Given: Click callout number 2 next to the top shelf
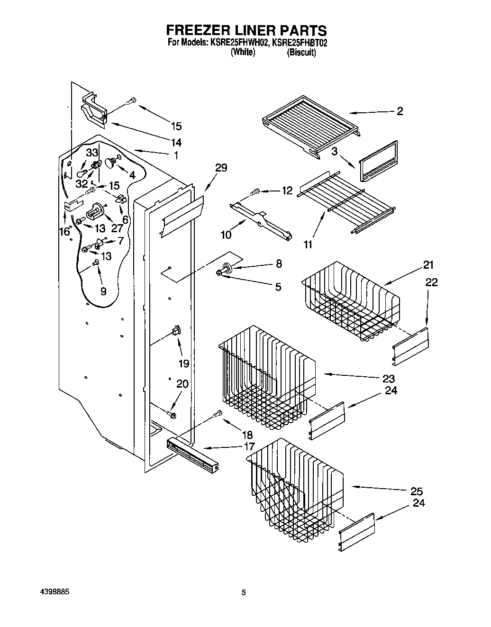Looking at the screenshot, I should tap(400, 111).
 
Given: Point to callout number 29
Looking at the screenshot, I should tap(221, 168).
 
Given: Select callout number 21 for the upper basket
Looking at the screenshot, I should tap(428, 264).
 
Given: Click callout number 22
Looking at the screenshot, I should tap(431, 282).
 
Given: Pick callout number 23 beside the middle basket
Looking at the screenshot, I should tap(389, 379).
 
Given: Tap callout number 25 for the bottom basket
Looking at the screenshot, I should tap(416, 491).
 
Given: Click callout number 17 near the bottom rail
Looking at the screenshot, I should tap(249, 446).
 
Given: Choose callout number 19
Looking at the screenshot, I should tap(183, 363).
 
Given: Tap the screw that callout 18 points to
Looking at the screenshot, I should tap(218, 413).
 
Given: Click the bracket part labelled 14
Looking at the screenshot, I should tap(93, 110).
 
